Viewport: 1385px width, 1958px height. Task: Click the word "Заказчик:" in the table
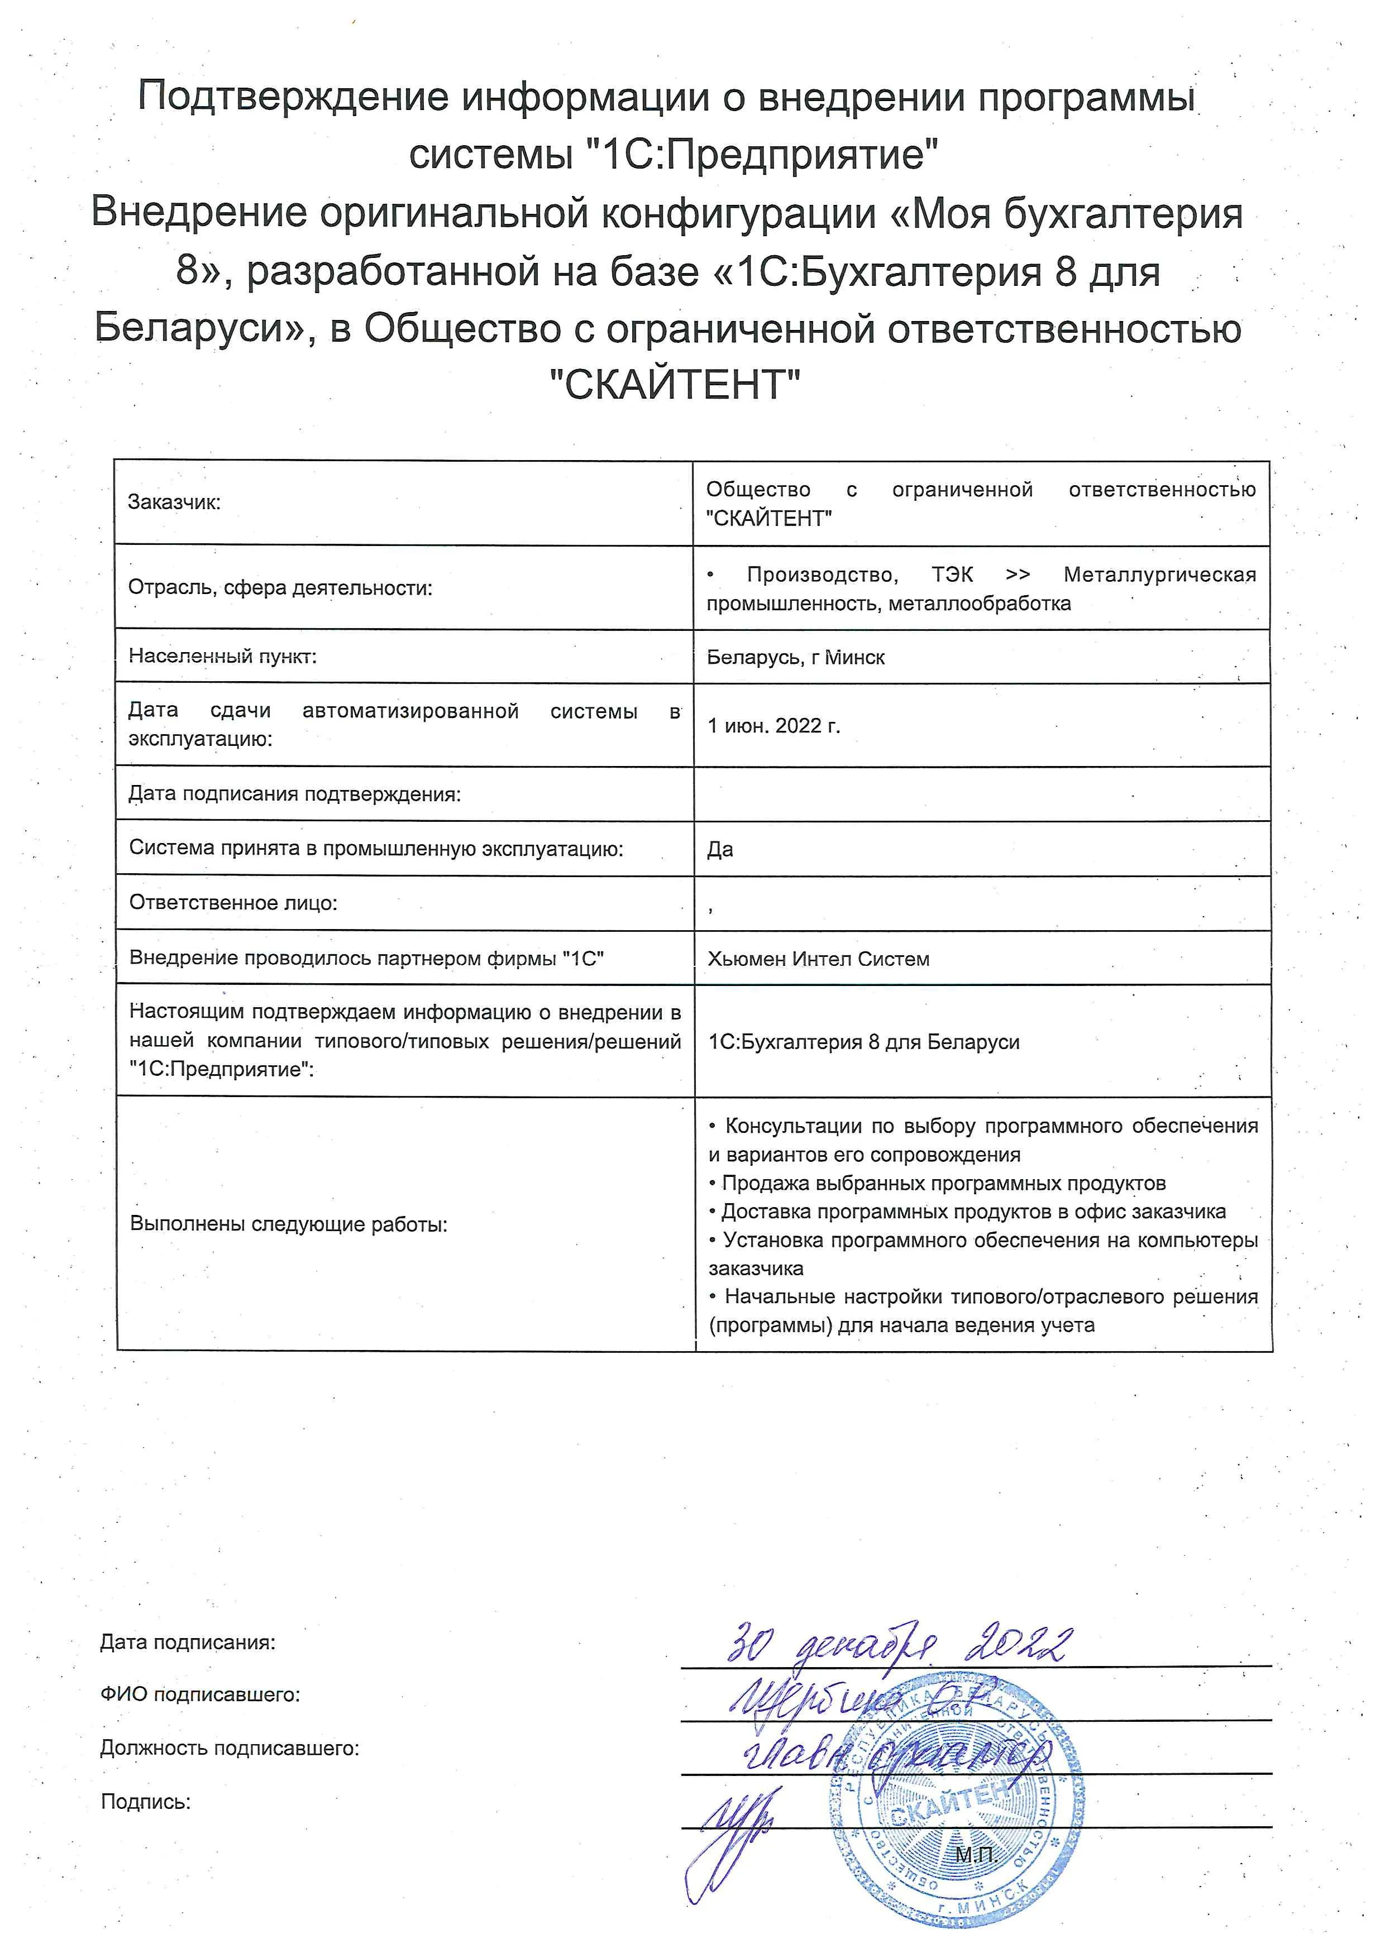[174, 502]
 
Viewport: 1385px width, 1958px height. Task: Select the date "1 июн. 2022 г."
[773, 726]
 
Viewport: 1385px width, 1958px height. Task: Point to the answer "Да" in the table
[720, 849]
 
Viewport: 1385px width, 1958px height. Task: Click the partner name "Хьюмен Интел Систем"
[818, 959]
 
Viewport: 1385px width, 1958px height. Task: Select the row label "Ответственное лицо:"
[233, 903]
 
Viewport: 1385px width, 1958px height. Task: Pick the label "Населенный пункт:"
[223, 656]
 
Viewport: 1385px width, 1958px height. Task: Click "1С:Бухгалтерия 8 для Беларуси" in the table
[864, 1042]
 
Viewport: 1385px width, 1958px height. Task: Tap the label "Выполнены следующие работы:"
[288, 1224]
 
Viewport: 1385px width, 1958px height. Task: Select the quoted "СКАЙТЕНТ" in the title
[674, 385]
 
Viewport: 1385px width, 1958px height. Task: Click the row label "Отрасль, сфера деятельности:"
[280, 587]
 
